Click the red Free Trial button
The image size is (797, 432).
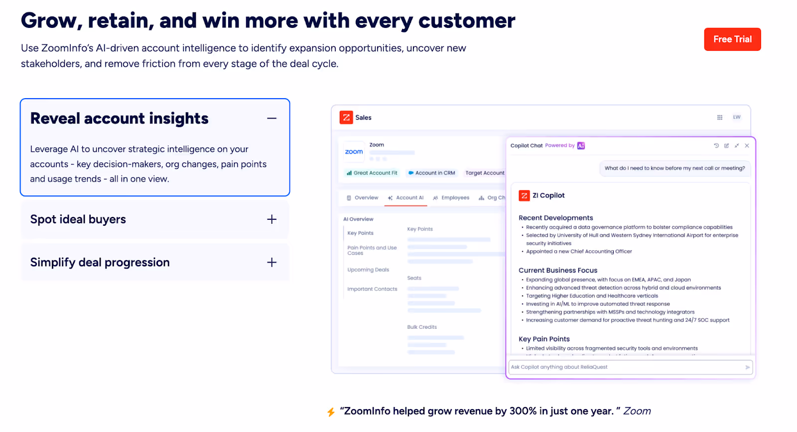pyautogui.click(x=732, y=39)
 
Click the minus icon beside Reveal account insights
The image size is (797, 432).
pyautogui.click(x=271, y=119)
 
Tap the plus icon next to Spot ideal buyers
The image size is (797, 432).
pyautogui.click(x=271, y=219)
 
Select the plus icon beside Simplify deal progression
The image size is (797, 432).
pyautogui.click(x=271, y=263)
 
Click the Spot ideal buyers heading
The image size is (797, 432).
pyautogui.click(x=78, y=219)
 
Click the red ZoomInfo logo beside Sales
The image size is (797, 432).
pyautogui.click(x=346, y=117)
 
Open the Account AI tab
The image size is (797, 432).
pyautogui.click(x=406, y=198)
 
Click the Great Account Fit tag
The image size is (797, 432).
pyautogui.click(x=372, y=173)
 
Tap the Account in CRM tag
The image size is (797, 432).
pyautogui.click(x=431, y=173)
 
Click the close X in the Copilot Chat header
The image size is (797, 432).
pyautogui.click(x=747, y=146)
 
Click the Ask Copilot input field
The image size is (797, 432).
pyautogui.click(x=625, y=367)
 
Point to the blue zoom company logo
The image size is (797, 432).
pyautogui.click(x=354, y=152)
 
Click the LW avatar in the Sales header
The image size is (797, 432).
pyautogui.click(x=737, y=117)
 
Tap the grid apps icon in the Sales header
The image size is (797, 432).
pyautogui.click(x=720, y=118)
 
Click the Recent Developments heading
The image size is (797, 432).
pyautogui.click(x=556, y=218)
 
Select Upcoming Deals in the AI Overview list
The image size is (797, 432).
pyautogui.click(x=368, y=270)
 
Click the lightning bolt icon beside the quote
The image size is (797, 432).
pyautogui.click(x=331, y=412)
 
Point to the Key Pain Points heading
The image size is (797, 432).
pyautogui.click(x=544, y=339)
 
